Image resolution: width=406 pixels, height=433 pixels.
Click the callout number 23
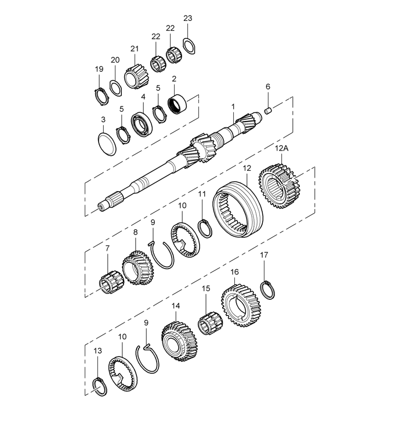point(188,18)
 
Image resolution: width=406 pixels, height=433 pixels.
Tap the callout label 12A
point(281,149)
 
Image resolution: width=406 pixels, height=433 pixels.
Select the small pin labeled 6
point(268,111)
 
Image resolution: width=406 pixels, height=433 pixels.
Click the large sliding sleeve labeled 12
point(238,209)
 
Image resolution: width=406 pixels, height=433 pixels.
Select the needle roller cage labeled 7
point(108,282)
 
